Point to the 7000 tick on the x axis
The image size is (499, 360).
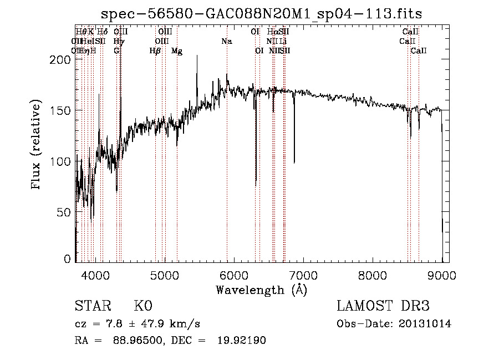[x=303, y=275]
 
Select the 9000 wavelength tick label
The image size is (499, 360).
[x=442, y=275]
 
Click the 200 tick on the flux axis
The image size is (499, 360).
[x=62, y=59]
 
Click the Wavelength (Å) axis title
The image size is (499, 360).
[x=261, y=289]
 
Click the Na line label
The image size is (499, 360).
[x=226, y=41]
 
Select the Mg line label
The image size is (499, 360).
[x=177, y=51]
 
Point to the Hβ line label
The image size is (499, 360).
[x=155, y=51]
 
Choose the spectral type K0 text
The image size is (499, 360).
[x=142, y=306]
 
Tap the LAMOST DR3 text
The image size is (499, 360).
[x=383, y=306]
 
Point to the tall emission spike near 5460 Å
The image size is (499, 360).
[x=197, y=56]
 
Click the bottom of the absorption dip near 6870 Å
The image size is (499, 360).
[x=294, y=163]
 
